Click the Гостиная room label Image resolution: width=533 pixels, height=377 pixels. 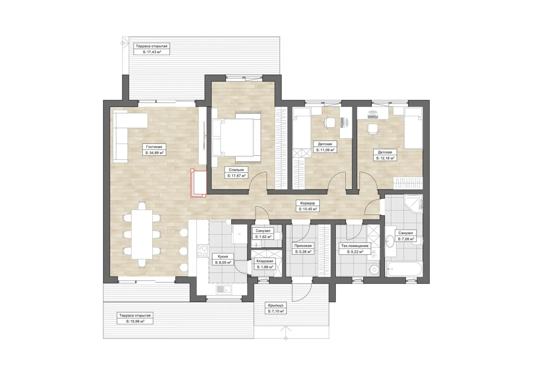154,147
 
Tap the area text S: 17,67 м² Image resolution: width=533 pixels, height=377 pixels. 236,176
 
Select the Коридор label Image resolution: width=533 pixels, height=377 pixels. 307,203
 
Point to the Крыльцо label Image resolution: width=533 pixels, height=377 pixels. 275,305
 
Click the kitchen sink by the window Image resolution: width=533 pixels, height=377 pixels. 224,289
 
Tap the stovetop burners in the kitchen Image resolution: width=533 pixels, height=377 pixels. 203,251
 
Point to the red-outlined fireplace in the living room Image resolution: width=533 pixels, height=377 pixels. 198,183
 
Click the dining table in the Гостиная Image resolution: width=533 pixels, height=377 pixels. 142,234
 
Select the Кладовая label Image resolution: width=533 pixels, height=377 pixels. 264,261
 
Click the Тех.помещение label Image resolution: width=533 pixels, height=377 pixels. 355,246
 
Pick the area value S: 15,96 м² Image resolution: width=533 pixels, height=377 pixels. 135,321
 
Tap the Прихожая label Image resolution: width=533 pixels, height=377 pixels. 303,246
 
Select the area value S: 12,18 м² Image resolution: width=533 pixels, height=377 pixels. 385,158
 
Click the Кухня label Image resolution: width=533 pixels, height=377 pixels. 223,257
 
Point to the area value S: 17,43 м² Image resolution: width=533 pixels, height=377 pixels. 152,52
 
